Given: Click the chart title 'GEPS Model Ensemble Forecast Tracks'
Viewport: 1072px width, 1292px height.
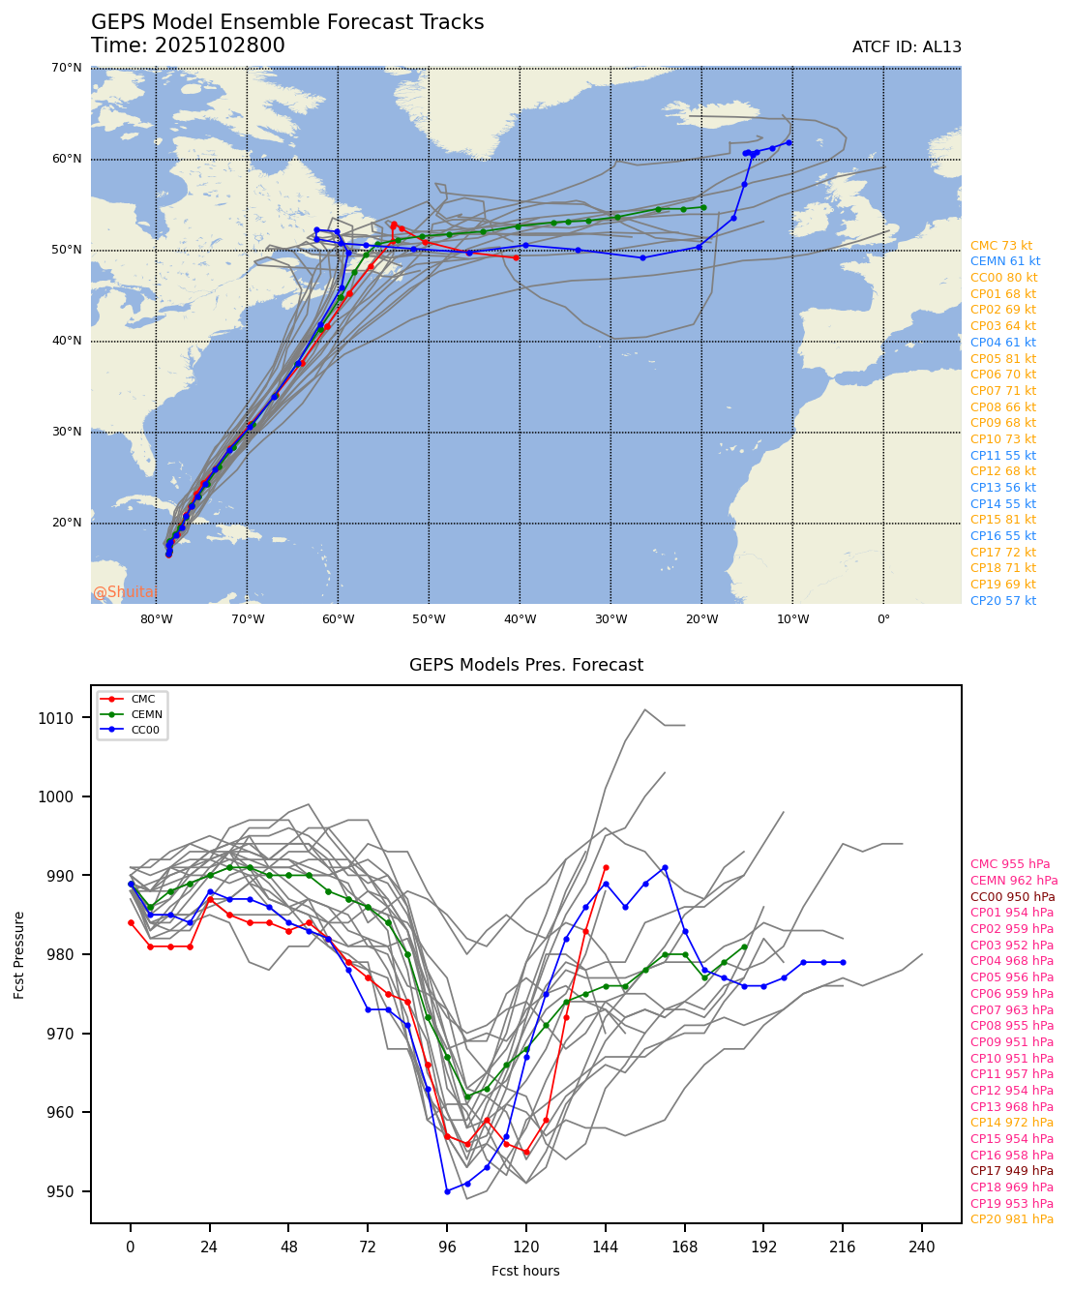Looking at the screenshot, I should pyautogui.click(x=287, y=22).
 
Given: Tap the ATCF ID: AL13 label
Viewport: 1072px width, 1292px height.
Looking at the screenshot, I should pyautogui.click(x=907, y=47).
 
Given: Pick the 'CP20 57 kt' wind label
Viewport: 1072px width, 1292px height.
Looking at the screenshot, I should pyautogui.click(x=1003, y=601).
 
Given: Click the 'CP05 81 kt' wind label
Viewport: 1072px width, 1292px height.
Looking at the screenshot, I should pyautogui.click(x=1003, y=359).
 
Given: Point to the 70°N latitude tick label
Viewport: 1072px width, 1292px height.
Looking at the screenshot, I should pyautogui.click(x=66, y=68).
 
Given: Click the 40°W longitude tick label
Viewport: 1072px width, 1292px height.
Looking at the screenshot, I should pyautogui.click(x=520, y=619).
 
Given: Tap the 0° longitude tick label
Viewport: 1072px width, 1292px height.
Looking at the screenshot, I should pyautogui.click(x=883, y=619).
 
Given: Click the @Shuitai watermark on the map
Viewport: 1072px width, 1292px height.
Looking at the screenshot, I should pyautogui.click(x=125, y=592).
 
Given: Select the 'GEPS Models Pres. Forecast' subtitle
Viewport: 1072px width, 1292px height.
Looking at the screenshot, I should pyautogui.click(x=526, y=665).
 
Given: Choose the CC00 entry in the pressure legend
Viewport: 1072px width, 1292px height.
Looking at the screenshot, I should pyautogui.click(x=145, y=730).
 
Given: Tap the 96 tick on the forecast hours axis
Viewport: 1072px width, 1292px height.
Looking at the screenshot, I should pyautogui.click(x=447, y=1247).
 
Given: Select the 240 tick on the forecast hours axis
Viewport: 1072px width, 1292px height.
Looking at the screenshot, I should pyautogui.click(x=922, y=1247).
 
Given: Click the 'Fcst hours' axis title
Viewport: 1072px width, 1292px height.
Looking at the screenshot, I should pyautogui.click(x=525, y=1271).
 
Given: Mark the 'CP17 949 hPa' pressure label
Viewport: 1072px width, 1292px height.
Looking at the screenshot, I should pyautogui.click(x=1012, y=1171).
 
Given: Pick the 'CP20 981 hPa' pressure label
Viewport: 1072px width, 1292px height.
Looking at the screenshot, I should pyautogui.click(x=1012, y=1219).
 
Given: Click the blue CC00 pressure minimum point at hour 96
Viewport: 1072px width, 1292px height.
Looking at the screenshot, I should pyautogui.click(x=447, y=1191).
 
